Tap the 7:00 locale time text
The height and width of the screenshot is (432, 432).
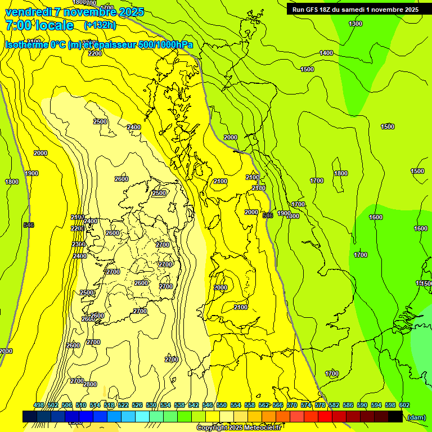tap(39, 25)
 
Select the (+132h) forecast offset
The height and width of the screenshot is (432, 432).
tap(100, 25)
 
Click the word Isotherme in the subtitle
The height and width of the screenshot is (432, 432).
tap(27, 45)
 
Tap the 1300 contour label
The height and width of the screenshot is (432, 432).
tap(355, 24)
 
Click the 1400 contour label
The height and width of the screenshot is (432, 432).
tap(326, 53)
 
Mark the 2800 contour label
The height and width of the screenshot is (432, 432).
tap(90, 384)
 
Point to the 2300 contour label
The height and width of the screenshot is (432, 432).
tap(79, 244)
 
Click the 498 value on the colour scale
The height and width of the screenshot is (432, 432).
tap(39, 405)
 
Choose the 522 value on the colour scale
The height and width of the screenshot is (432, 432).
tap(123, 405)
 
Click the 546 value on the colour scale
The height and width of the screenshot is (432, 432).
tap(207, 405)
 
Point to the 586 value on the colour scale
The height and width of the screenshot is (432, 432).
tap(348, 405)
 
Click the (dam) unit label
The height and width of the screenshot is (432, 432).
tap(416, 417)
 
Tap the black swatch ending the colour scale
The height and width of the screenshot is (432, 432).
tap(395, 416)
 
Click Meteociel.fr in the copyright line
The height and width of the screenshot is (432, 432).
tap(262, 428)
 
